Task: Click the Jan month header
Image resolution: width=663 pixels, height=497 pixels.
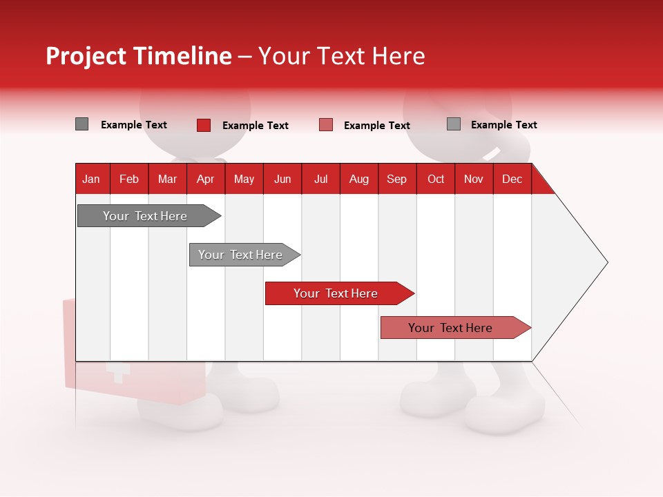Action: pos(91,179)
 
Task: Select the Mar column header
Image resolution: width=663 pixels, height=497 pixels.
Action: pos(167,179)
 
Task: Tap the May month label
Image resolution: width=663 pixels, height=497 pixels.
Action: pos(244,179)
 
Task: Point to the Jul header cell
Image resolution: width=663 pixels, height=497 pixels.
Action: pos(320,179)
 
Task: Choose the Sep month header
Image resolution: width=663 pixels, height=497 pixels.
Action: pos(396,179)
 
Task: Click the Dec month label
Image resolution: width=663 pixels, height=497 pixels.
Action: pos(512,179)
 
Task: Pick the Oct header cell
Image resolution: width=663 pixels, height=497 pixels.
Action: pos(436,179)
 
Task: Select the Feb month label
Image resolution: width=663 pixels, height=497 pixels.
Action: pos(129,179)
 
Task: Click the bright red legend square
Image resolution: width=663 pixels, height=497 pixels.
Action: pos(204,125)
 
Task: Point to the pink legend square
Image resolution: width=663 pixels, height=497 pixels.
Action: pos(326,125)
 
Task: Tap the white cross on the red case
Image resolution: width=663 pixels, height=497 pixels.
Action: pos(118,374)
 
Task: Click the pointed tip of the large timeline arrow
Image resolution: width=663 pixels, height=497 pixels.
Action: pos(606,262)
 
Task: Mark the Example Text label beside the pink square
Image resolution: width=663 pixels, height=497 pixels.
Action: pos(376,126)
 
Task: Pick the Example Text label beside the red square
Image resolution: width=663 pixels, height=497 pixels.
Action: pos(255,126)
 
